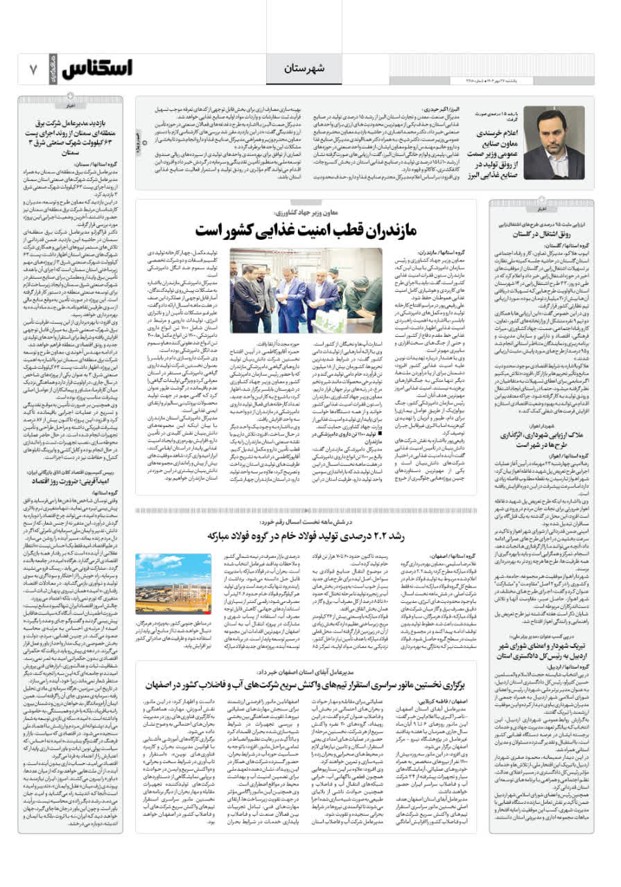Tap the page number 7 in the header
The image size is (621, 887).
[33, 69]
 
